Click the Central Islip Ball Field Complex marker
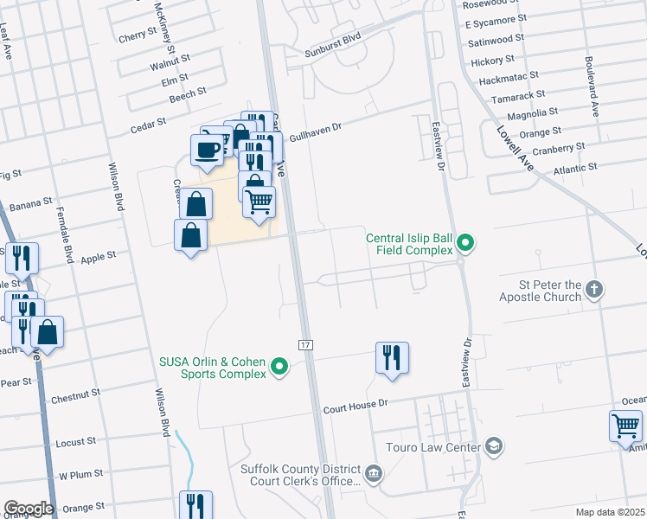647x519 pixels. (466, 242)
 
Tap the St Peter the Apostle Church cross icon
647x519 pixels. (593, 290)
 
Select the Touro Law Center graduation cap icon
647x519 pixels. (494, 446)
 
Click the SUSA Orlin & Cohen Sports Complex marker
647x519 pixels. (279, 368)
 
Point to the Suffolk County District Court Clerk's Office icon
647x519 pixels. (374, 473)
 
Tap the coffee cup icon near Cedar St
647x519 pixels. (207, 149)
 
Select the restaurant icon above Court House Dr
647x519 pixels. (392, 356)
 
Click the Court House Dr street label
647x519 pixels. (357, 404)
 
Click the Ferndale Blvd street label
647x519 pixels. (65, 234)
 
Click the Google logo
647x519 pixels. (29, 509)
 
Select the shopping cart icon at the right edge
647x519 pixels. (625, 426)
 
